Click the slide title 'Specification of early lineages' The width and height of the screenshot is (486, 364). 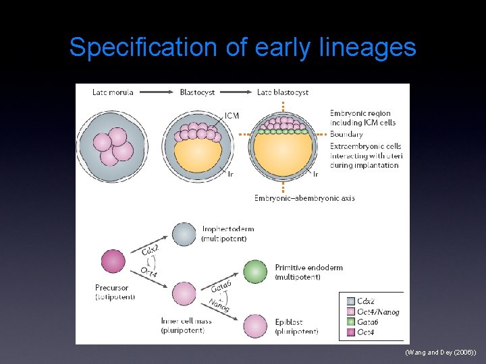pyautogui.click(x=243, y=48)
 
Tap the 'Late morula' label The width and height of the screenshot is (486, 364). pyautogui.click(x=113, y=92)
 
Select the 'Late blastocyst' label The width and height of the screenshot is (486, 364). pyautogui.click(x=283, y=92)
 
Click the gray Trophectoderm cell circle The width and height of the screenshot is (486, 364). pyautogui.click(x=184, y=234)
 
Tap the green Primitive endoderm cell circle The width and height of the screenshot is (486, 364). pyautogui.click(x=256, y=272)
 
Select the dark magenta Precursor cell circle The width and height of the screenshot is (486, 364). pyautogui.click(x=113, y=262)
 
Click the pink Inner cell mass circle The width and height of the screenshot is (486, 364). pyautogui.click(x=184, y=294)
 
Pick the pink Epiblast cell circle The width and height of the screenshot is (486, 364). pyautogui.click(x=256, y=326)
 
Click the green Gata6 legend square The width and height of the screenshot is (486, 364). pyautogui.click(x=350, y=322)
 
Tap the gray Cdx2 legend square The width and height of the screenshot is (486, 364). pyautogui.click(x=350, y=301)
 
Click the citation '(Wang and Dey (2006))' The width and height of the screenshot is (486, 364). pyautogui.click(x=441, y=353)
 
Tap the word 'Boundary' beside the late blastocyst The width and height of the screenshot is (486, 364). pyautogui.click(x=346, y=134)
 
